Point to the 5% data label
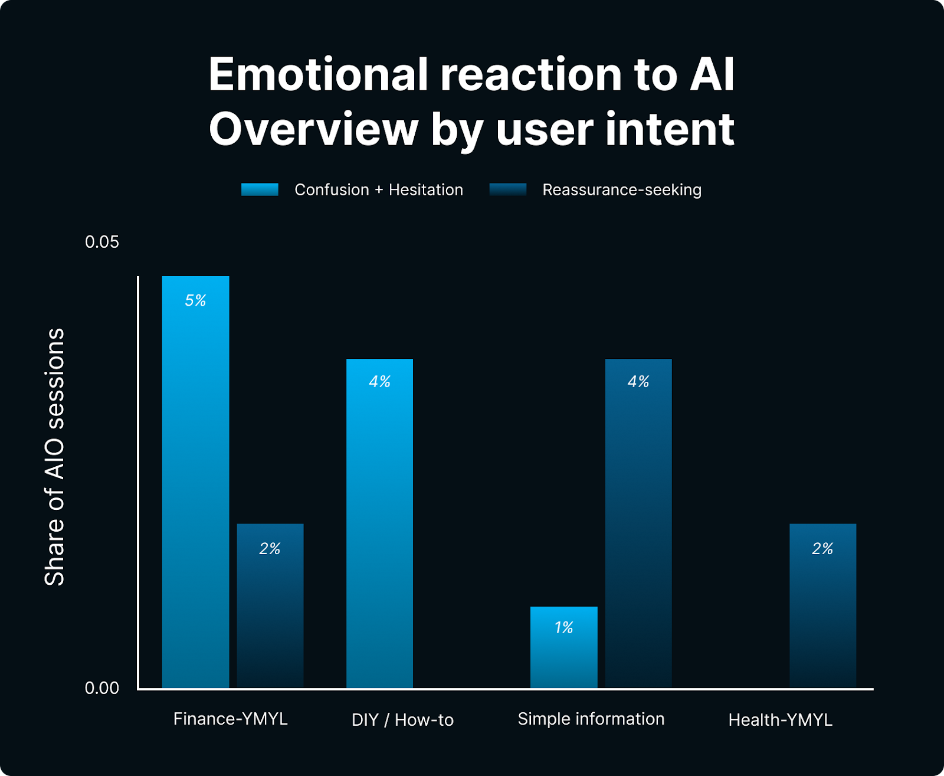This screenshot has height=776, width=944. [195, 300]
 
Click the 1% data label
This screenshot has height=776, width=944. [563, 627]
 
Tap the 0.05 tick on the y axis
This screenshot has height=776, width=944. [102, 242]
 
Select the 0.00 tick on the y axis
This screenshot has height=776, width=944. [102, 688]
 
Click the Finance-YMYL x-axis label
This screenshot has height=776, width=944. [230, 719]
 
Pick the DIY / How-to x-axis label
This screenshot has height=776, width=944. [402, 720]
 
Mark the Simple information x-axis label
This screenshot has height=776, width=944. [591, 719]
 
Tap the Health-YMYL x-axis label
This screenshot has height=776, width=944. [780, 720]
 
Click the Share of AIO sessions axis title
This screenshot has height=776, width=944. [54, 457]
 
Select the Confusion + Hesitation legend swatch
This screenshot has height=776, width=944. [260, 189]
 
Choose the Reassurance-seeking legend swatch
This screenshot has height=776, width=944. [508, 189]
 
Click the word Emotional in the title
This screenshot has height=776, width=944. [318, 75]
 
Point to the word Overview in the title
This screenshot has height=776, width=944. [313, 129]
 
